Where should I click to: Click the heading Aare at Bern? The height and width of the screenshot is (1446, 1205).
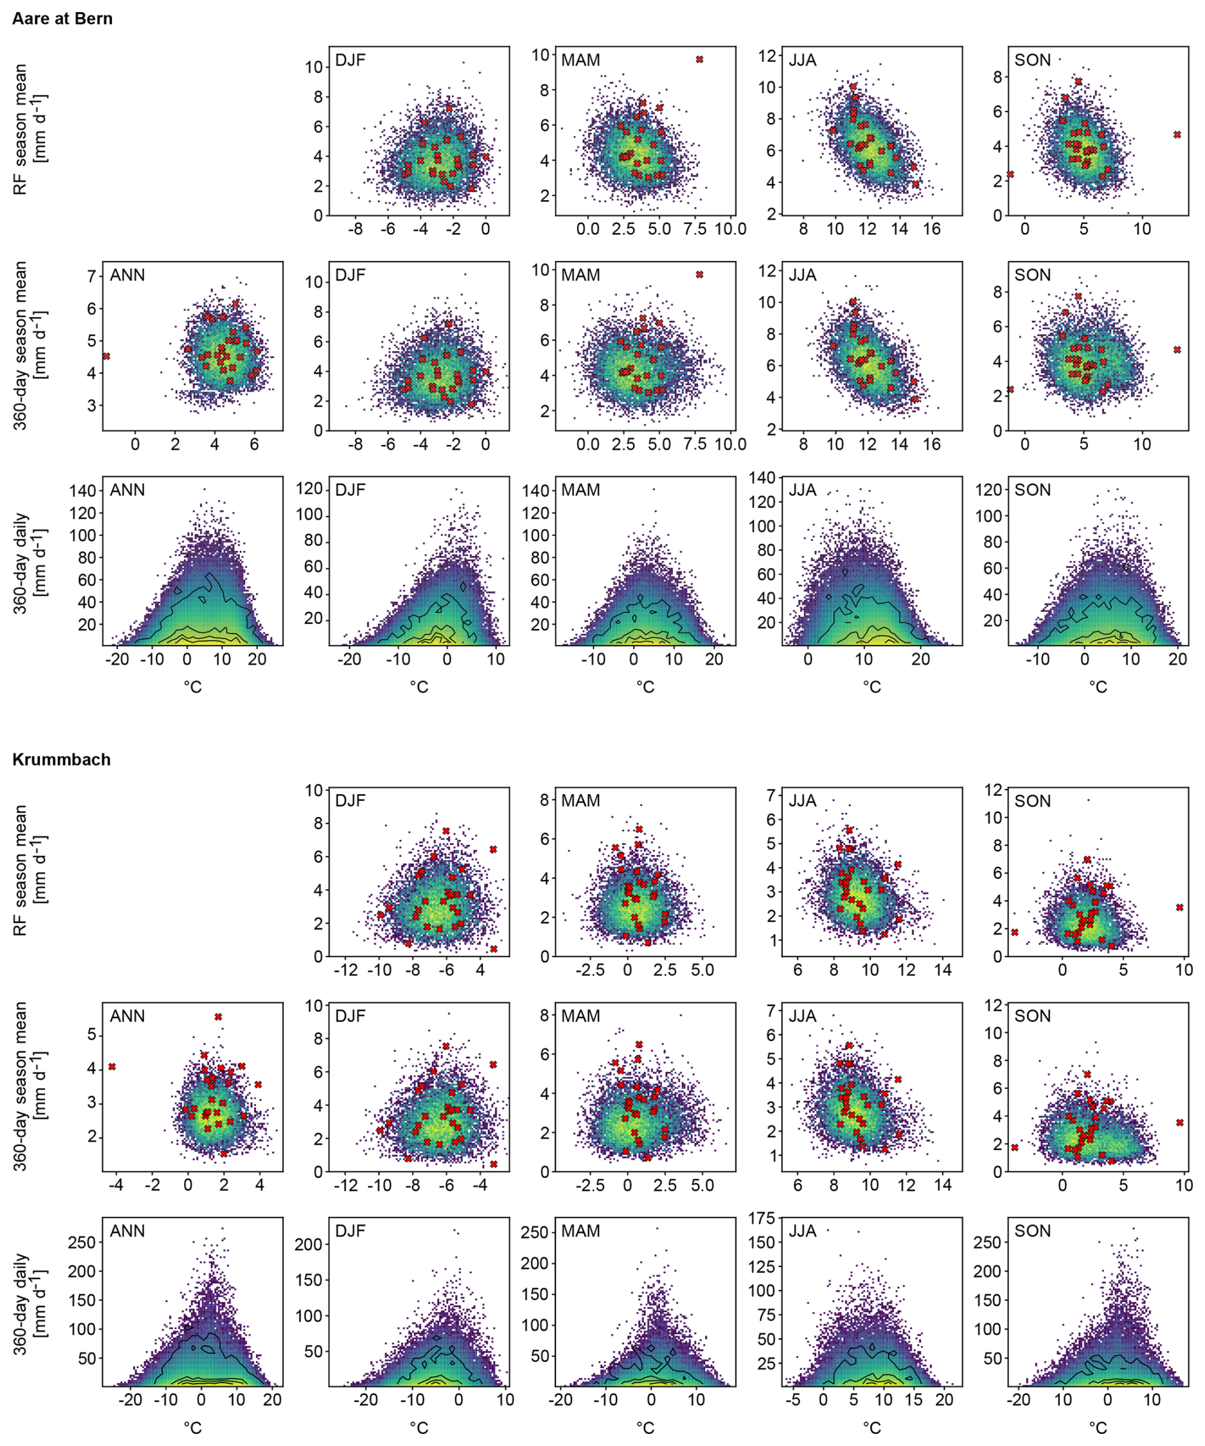(62, 18)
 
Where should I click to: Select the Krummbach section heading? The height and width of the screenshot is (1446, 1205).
(61, 760)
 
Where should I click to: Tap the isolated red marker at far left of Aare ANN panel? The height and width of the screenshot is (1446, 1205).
(106, 356)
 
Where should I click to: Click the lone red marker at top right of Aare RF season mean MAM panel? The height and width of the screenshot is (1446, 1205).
(699, 60)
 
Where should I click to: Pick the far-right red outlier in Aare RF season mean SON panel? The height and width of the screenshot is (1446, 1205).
(1177, 135)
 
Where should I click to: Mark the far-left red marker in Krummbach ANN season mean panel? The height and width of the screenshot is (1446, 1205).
(112, 1067)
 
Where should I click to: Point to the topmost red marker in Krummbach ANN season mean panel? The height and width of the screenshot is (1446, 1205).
(218, 1016)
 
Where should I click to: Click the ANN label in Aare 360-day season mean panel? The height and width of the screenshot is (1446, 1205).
(127, 276)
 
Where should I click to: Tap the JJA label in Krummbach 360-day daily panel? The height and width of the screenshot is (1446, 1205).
(802, 1231)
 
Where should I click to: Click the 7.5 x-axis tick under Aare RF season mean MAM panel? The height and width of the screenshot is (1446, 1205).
(695, 229)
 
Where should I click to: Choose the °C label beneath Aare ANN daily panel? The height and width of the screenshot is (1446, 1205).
(193, 687)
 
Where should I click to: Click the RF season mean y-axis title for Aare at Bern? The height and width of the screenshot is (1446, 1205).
(29, 129)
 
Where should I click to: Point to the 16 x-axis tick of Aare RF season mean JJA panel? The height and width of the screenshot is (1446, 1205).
(932, 229)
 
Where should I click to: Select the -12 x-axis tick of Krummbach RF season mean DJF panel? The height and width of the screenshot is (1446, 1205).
(345, 970)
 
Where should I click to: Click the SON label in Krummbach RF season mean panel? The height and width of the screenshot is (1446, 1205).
(1032, 801)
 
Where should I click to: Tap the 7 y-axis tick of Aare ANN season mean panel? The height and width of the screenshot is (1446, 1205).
(91, 277)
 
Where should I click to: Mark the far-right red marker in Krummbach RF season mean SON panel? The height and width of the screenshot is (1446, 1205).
(1180, 907)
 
